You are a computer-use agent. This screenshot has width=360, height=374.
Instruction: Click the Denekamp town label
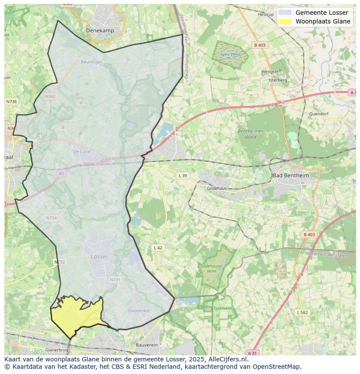point(100,30)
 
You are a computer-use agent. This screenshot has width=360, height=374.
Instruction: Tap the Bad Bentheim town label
point(290,175)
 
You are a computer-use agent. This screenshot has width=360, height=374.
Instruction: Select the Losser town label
point(99,257)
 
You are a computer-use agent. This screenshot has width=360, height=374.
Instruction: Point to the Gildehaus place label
point(217,189)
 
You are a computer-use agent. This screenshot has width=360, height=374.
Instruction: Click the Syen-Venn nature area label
point(230,54)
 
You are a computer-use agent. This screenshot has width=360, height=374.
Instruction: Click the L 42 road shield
point(158,248)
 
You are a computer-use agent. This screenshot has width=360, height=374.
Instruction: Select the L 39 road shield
point(183,175)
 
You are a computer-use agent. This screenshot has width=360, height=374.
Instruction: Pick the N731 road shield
point(115,280)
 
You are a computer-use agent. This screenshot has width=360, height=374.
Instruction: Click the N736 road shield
point(11,101)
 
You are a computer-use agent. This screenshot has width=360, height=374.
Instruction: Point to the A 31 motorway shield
point(252,353)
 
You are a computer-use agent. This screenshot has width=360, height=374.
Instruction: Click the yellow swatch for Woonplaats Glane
point(285,21)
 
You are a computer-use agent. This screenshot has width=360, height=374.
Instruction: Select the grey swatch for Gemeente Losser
point(285,13)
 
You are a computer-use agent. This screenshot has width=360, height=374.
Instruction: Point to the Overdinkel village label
point(139,311)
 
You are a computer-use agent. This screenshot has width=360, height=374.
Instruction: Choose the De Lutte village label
point(82,152)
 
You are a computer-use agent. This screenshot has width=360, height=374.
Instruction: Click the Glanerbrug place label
point(57,350)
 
